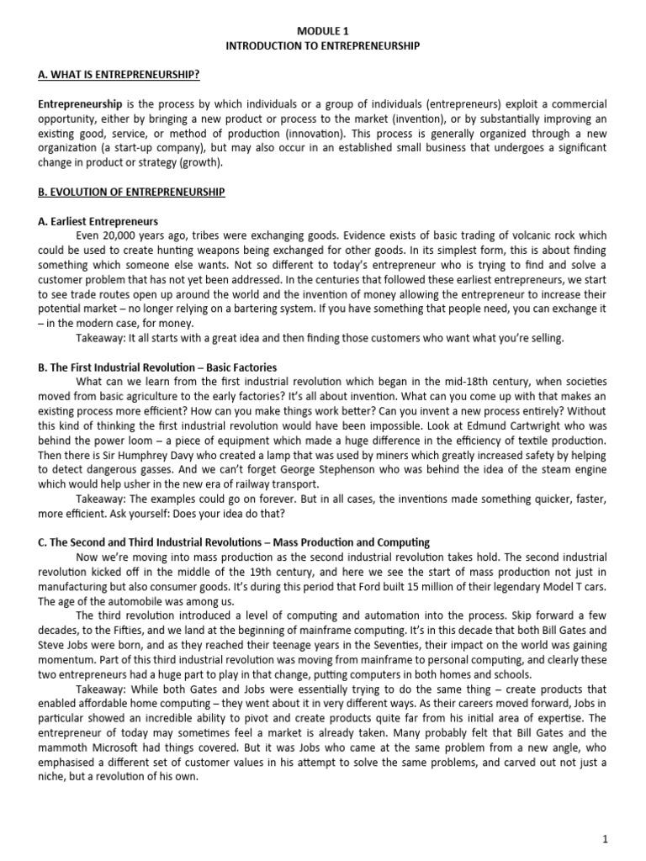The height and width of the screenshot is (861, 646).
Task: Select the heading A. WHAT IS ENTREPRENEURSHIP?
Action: coord(119,75)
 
